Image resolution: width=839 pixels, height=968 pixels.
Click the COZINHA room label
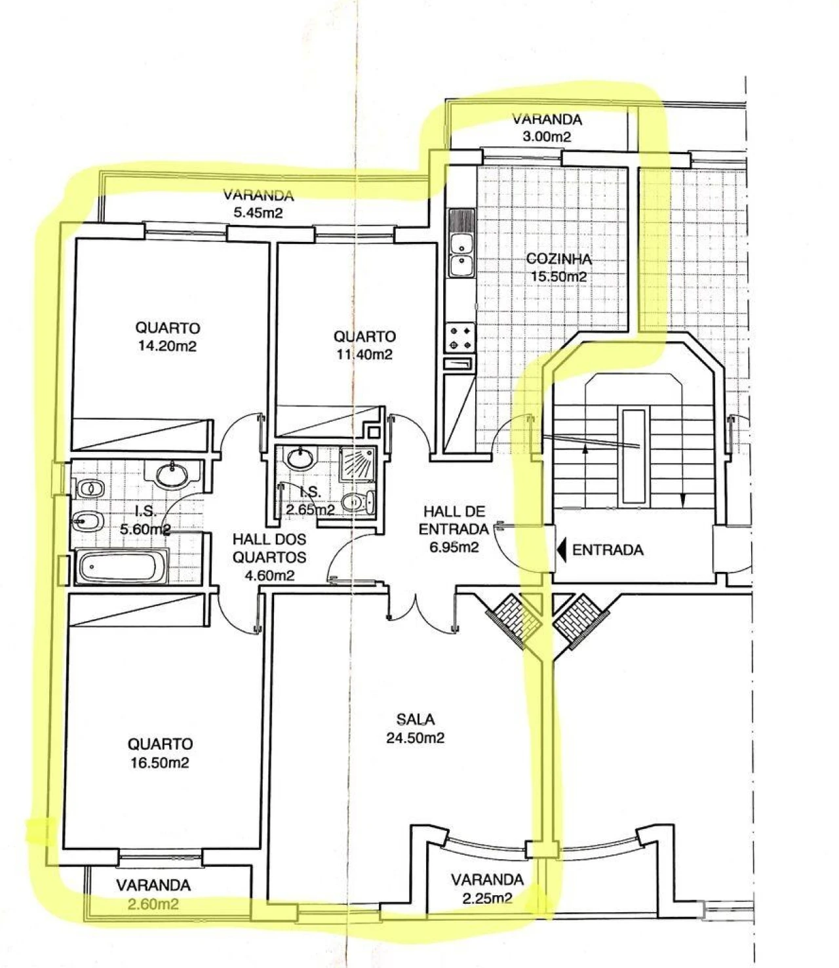(558, 259)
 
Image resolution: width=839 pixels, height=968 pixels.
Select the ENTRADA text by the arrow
(608, 550)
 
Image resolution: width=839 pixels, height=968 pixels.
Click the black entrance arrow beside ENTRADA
(562, 550)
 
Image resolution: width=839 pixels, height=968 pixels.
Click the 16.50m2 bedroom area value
(160, 763)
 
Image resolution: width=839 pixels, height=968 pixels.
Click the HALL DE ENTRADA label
(456, 519)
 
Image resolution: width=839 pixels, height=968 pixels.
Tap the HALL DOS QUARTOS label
(269, 548)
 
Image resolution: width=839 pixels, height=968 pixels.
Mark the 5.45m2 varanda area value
(258, 212)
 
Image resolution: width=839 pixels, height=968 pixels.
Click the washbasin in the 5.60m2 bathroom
(173, 473)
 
